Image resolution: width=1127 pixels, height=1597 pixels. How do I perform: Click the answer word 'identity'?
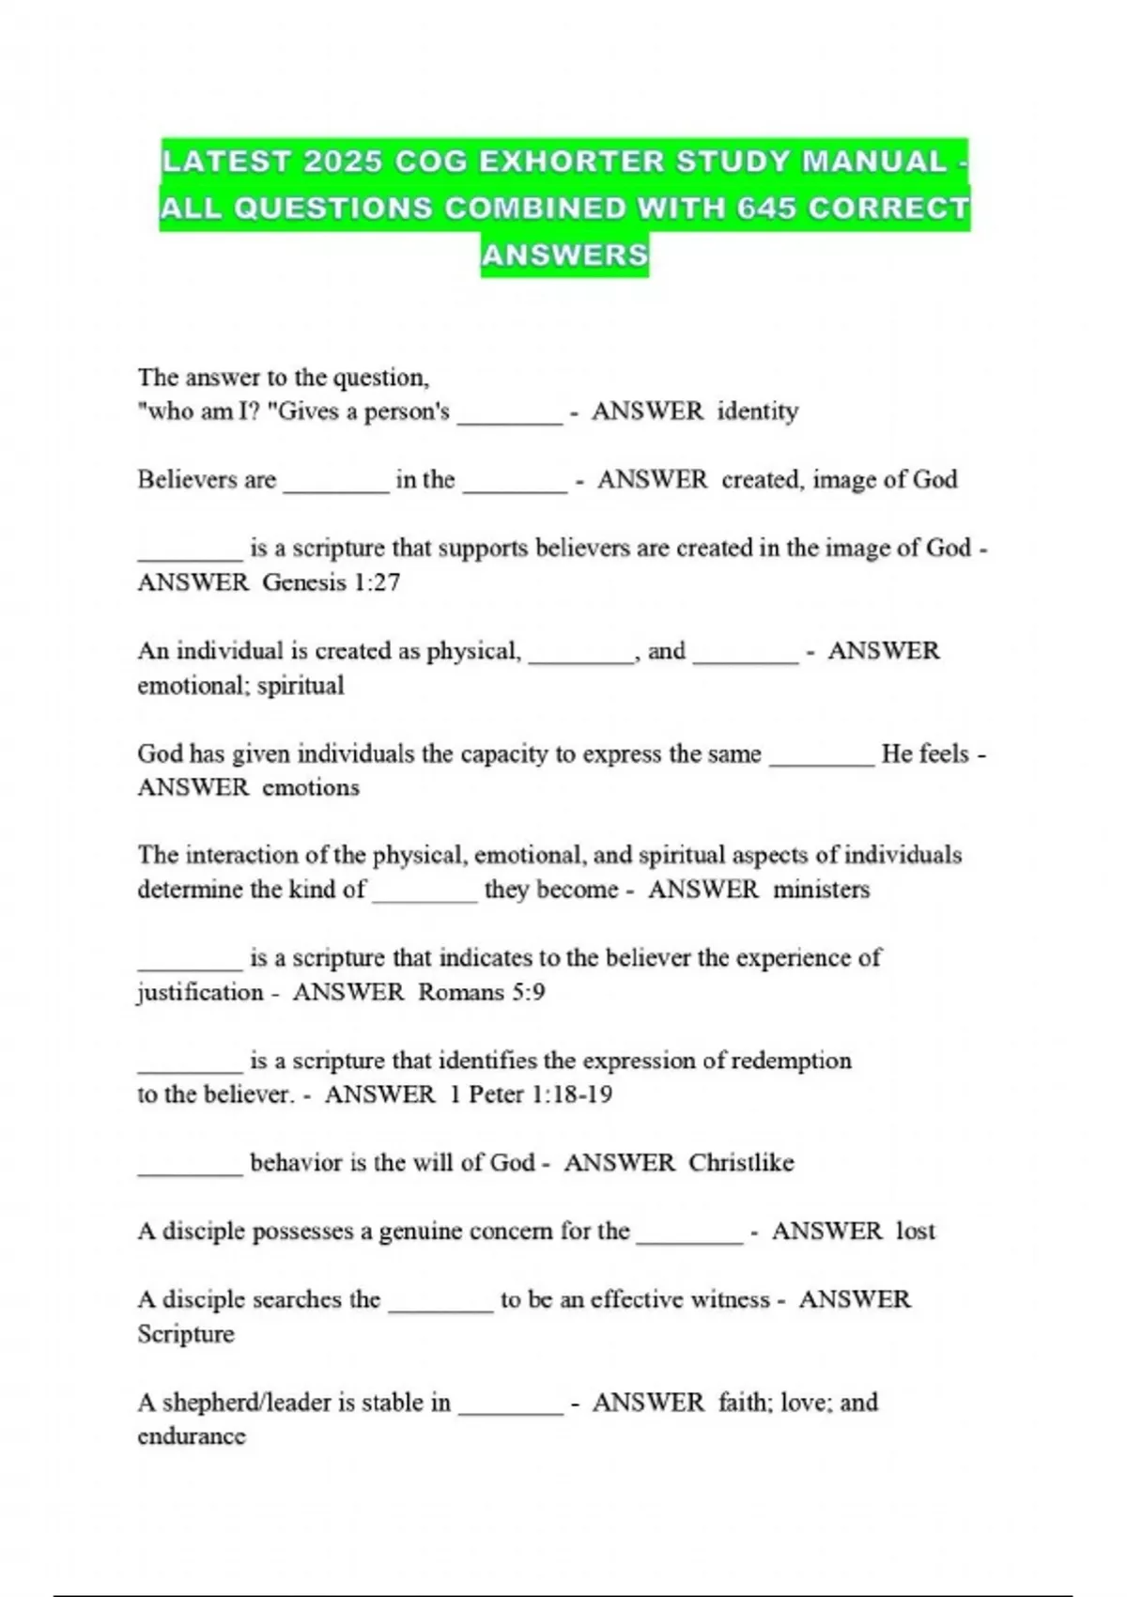[757, 411]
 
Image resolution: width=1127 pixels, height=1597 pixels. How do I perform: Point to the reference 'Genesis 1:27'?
[331, 582]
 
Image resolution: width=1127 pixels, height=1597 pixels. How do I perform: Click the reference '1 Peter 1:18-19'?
[531, 1094]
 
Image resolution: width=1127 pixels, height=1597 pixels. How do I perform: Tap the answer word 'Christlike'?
[741, 1163]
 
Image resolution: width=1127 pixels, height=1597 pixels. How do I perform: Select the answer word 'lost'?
[915, 1232]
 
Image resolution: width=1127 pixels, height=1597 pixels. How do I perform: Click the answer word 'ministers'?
[821, 890]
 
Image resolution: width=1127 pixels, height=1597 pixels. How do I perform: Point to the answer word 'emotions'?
[310, 787]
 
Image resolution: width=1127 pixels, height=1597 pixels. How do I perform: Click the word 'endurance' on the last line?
[192, 1436]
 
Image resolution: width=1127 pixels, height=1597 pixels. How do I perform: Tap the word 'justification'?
[200, 992]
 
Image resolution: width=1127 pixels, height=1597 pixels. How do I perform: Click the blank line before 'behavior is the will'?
[190, 1171]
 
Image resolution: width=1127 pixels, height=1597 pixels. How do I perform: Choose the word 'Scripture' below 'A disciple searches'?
[185, 1334]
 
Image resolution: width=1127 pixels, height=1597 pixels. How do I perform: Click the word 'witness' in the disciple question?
[730, 1300]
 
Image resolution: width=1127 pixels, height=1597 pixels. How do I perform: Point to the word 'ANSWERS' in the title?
[564, 255]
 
